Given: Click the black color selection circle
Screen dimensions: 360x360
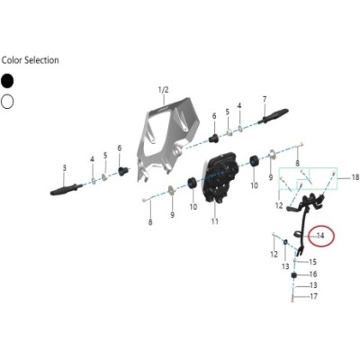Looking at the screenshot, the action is pos(7,81).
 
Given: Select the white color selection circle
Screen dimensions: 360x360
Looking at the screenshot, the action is pos(7,102).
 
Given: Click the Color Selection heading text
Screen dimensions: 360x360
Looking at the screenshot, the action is pos(30,60).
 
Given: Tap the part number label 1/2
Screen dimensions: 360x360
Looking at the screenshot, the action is pos(164,90).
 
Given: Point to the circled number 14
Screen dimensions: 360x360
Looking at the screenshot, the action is pos(320,236).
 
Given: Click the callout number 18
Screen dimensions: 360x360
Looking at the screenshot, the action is pos(355,178).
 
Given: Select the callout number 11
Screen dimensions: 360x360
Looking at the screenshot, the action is pos(215,221).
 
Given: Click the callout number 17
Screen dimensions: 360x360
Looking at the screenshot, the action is pos(313,296).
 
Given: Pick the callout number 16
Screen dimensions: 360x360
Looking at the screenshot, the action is pos(313,274).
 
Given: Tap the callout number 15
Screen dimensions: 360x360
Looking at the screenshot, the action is pos(313,262).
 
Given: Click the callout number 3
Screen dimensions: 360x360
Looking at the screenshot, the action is pos(64,168).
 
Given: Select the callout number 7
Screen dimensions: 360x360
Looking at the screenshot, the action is pos(265,99).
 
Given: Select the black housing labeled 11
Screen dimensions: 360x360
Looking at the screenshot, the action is pos(220,177).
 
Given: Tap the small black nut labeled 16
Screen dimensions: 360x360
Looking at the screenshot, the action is pos(294,274).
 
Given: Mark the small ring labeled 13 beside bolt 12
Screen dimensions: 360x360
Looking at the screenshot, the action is pos(285,242).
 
